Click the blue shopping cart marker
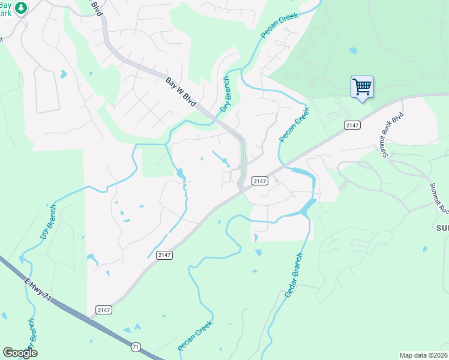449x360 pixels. coord(362,88)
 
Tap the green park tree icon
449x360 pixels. coord(21,8)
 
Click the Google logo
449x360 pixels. coord(20,352)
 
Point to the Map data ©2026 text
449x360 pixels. coord(424,355)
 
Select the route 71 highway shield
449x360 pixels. coord(136,347)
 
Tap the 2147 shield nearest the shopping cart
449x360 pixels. coord(352,125)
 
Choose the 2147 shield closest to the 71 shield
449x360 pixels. coord(104,310)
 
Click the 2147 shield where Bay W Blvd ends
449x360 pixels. coord(259,181)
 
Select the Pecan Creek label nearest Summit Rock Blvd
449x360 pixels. coord(294,125)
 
